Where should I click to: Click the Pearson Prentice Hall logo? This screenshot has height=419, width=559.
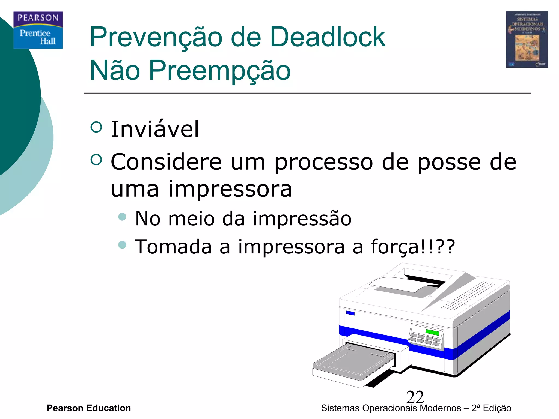pyautogui.click(x=38, y=30)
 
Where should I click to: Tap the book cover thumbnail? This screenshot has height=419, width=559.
pyautogui.click(x=527, y=39)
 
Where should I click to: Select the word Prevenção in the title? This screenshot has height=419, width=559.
pyautogui.click(x=156, y=37)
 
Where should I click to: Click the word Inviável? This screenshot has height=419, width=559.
pyautogui.click(x=155, y=129)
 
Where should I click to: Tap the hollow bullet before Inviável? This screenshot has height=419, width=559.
pyautogui.click(x=96, y=127)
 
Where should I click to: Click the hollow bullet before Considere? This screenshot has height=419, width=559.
pyautogui.click(x=96, y=160)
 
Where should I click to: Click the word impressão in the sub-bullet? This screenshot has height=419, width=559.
pyautogui.click(x=302, y=219)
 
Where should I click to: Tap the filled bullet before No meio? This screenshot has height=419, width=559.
pyautogui.click(x=122, y=217)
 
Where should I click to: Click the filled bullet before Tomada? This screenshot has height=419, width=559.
pyautogui.click(x=122, y=244)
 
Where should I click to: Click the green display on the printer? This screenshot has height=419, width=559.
pyautogui.click(x=432, y=332)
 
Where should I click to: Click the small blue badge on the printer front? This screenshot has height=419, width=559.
pyautogui.click(x=350, y=313)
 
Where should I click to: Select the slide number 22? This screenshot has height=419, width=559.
pyautogui.click(x=415, y=397)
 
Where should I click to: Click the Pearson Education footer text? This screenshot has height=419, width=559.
pyautogui.click(x=89, y=408)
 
